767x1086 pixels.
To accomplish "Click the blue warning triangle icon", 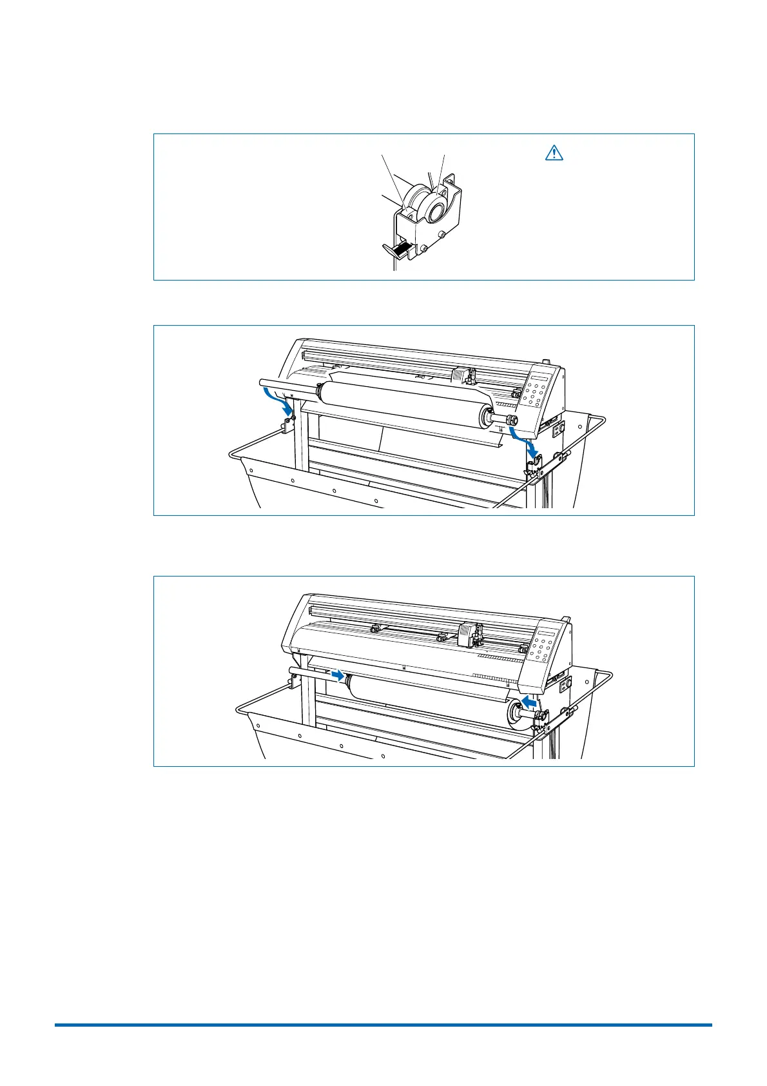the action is [554, 153].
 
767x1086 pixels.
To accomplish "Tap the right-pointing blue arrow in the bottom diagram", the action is [336, 675].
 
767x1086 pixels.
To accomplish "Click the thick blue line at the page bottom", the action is [383, 1024].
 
